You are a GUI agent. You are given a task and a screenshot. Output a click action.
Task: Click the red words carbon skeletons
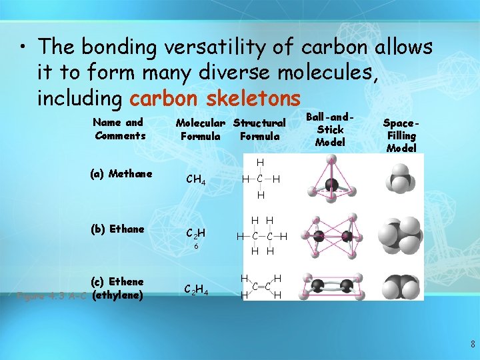(x=215, y=99)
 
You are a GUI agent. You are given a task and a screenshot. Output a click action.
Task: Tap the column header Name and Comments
(x=120, y=129)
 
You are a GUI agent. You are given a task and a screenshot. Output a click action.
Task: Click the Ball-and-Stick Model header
(x=330, y=129)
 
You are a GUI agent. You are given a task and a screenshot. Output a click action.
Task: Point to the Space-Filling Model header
(x=401, y=135)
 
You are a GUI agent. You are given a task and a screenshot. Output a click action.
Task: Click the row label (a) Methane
(x=121, y=174)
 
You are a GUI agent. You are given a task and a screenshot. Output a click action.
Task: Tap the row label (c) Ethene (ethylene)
(x=117, y=288)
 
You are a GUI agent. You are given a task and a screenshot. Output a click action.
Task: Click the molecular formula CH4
(x=195, y=179)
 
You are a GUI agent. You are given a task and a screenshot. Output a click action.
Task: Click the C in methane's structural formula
(x=260, y=179)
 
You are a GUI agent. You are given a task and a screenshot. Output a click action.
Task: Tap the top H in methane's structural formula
(x=260, y=163)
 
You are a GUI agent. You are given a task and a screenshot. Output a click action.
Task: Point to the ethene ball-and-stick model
(x=330, y=287)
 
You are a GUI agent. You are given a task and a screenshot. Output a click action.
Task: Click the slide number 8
(x=473, y=345)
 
